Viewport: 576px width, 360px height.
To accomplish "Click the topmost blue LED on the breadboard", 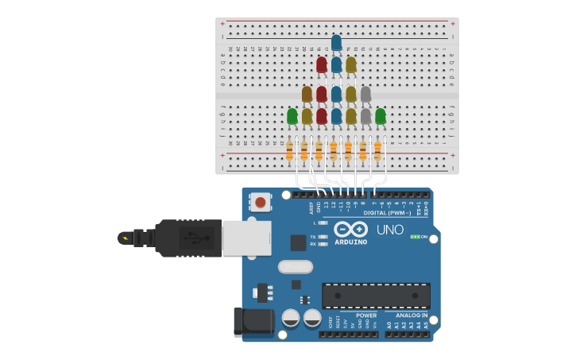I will click(x=336, y=42).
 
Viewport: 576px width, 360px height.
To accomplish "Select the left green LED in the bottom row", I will click(x=292, y=117).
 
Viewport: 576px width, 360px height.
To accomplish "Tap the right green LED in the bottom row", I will click(x=381, y=117).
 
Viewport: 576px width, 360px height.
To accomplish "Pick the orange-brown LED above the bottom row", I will click(x=307, y=95).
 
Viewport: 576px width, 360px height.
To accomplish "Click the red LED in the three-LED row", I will click(x=322, y=64).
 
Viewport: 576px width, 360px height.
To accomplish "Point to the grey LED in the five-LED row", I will click(x=365, y=95).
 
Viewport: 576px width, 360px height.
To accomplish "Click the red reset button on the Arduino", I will click(x=261, y=203).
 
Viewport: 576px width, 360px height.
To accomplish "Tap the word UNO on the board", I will click(x=390, y=230).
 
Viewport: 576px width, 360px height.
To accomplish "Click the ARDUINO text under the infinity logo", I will click(x=350, y=242).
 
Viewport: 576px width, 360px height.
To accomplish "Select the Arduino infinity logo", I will click(x=350, y=229).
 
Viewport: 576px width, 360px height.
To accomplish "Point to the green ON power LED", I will click(x=415, y=237).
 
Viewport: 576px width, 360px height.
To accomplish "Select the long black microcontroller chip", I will click(x=376, y=296).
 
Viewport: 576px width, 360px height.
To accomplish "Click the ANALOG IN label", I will click(x=408, y=315).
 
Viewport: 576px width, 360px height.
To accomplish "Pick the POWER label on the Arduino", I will click(x=366, y=315).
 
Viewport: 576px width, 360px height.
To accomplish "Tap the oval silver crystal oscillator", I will click(x=295, y=267).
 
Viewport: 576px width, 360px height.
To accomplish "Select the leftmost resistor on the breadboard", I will click(x=289, y=150).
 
